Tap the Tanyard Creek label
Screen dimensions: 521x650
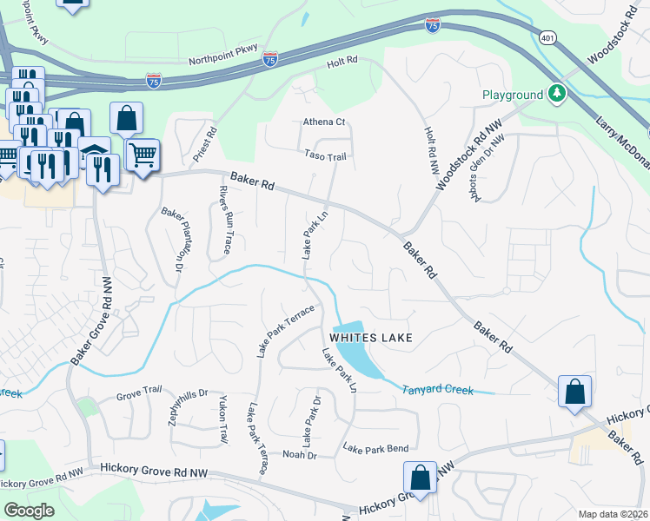(x=437, y=391)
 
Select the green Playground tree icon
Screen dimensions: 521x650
(x=556, y=94)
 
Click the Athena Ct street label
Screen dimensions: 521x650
(x=324, y=122)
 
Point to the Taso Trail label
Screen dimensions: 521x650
(x=326, y=156)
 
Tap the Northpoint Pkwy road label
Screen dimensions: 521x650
(x=224, y=62)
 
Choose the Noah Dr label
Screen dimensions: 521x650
(x=299, y=454)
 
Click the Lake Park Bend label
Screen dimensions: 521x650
(x=375, y=449)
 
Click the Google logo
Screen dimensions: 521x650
(x=29, y=511)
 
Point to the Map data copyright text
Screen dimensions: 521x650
(x=613, y=513)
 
